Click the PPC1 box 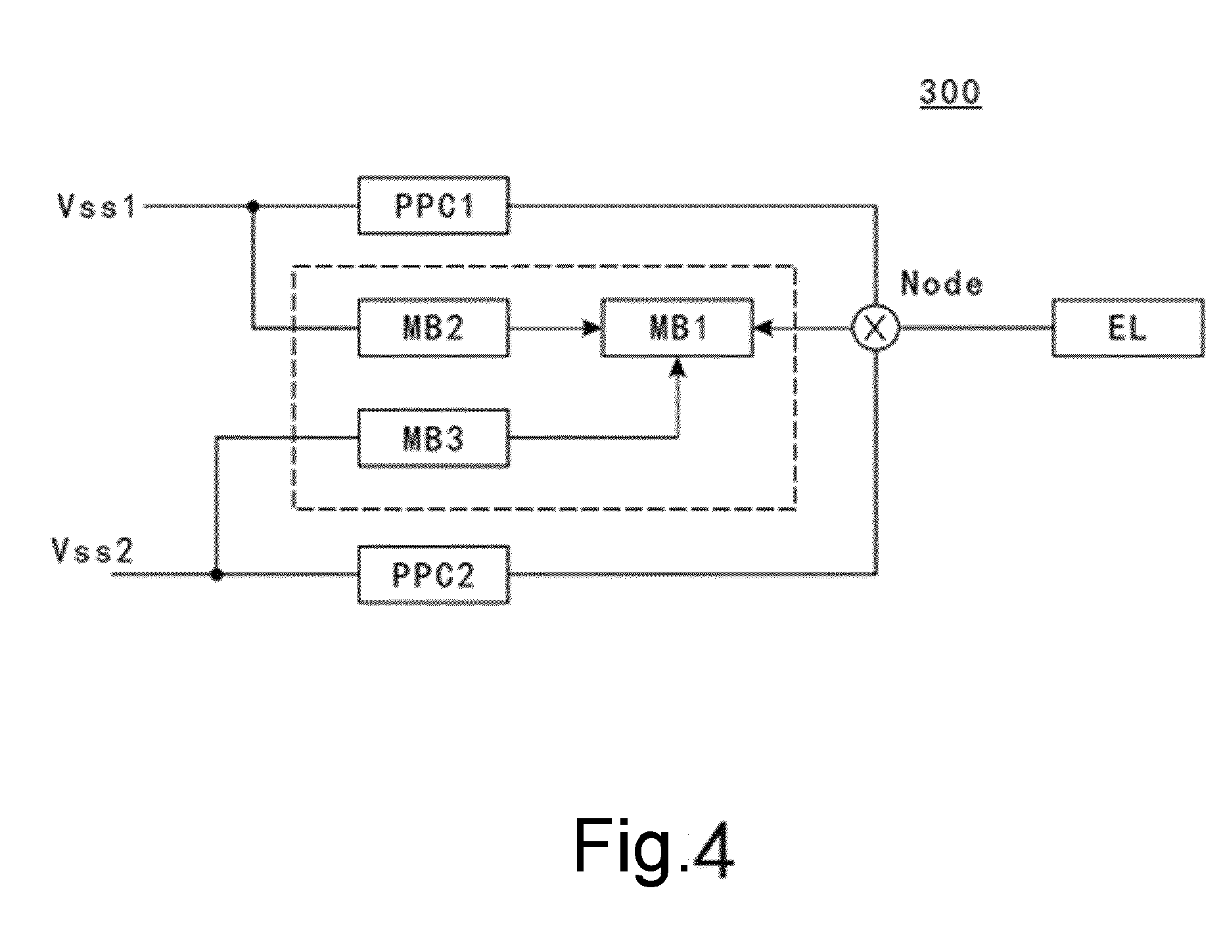pyautogui.click(x=434, y=206)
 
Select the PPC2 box pyautogui.click(x=434, y=574)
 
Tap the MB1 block pyautogui.click(x=678, y=328)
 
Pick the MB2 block pyautogui.click(x=434, y=328)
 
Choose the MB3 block pyautogui.click(x=434, y=438)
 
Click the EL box pyautogui.click(x=1128, y=328)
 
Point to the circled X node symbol pyautogui.click(x=875, y=328)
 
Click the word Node pyautogui.click(x=942, y=284)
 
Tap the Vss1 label pyautogui.click(x=97, y=206)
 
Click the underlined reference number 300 pyautogui.click(x=950, y=92)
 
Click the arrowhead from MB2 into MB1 pyautogui.click(x=593, y=328)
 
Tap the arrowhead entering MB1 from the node pyautogui.click(x=764, y=328)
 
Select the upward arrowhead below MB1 pyautogui.click(x=678, y=367)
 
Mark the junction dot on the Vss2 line pyautogui.click(x=216, y=574)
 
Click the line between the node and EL pyautogui.click(x=976, y=328)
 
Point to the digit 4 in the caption pyautogui.click(x=712, y=848)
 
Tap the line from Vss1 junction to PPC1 pyautogui.click(x=306, y=206)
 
